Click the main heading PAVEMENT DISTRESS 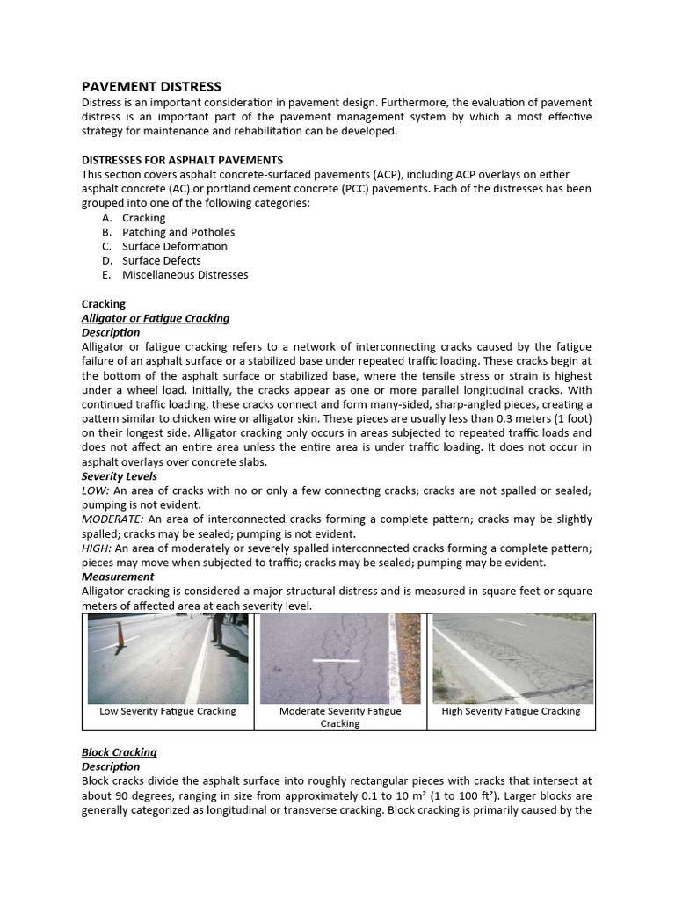pos(151,86)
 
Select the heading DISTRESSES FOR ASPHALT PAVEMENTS pos(182,160)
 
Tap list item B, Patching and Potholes pos(178,232)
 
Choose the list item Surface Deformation pos(174,246)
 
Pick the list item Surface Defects pos(161,260)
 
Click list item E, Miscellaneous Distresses pos(185,274)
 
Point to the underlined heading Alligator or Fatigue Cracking pos(156,318)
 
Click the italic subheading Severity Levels pos(120,476)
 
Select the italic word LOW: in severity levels pos(96,490)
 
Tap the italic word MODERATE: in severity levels pos(112,519)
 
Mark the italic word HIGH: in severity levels pos(97,548)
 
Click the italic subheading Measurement pos(118,577)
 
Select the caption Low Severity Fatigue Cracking pos(167,711)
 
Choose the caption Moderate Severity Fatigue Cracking pos(340,717)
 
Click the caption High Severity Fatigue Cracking pos(511,711)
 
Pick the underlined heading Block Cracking pos(119,752)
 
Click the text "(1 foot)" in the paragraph pos(570,418)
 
